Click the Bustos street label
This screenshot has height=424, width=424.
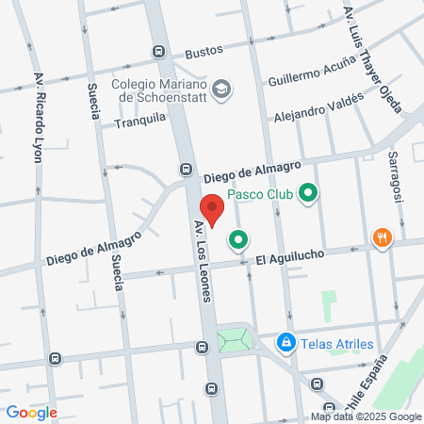click(x=202, y=53)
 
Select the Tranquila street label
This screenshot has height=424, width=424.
click(x=140, y=120)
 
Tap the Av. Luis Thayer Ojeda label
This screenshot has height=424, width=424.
click(x=372, y=65)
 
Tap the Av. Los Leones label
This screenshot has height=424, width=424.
click(x=204, y=274)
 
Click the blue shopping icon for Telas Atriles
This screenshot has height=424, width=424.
click(x=284, y=344)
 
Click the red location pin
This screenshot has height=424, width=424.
click(x=212, y=209)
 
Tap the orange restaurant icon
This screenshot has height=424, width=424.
click(x=381, y=236)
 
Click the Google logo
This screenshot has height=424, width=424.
click(x=30, y=413)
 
